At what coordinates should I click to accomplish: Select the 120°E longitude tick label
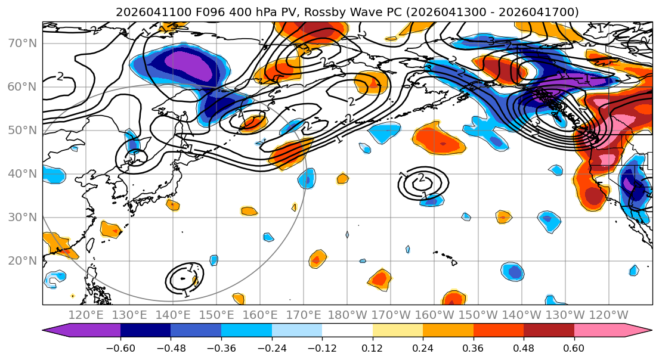click(86, 315)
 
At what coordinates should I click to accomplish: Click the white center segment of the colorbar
click(347, 332)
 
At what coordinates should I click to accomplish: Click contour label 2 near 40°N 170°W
click(422, 178)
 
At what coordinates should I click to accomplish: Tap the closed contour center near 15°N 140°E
click(183, 278)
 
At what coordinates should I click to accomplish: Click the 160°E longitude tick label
click(261, 315)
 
